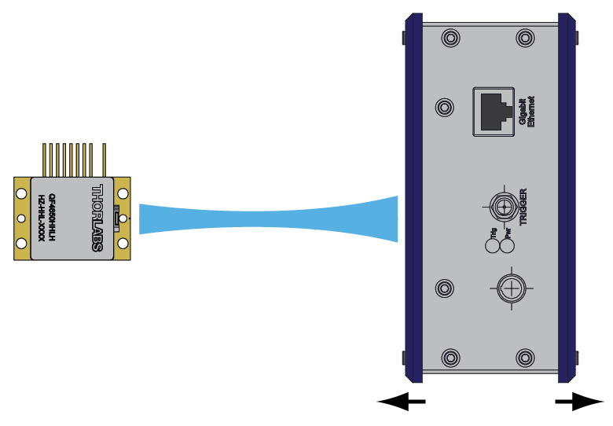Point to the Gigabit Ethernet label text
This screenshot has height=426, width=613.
coord(525,112)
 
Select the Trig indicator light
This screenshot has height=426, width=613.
coord(494,246)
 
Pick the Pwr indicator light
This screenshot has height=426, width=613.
coord(508,246)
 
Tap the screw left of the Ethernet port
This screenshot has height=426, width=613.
coord(445,107)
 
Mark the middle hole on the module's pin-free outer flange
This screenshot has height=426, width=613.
coord(21,218)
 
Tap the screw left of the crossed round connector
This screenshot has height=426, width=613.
coord(445,289)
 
